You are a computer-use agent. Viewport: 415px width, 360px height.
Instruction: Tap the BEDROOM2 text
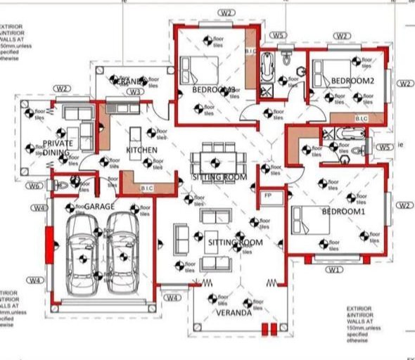pyautogui.click(x=352, y=81)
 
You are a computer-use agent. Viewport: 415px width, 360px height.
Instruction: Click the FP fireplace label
pyautogui.click(x=268, y=195)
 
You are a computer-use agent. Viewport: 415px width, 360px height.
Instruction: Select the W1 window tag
pyautogui.click(x=334, y=269)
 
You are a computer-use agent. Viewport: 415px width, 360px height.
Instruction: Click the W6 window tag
pyautogui.click(x=35, y=186)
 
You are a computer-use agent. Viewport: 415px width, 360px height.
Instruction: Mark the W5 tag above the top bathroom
pyautogui.click(x=279, y=35)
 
